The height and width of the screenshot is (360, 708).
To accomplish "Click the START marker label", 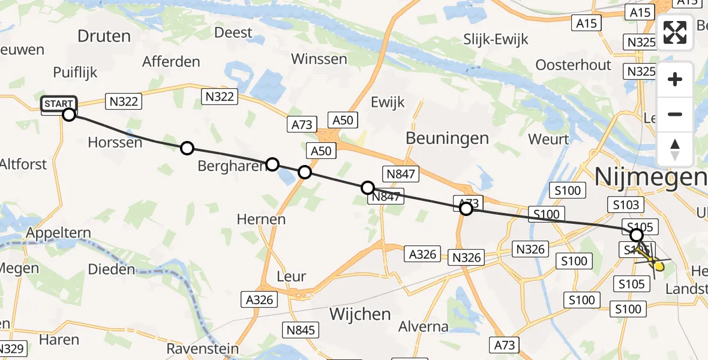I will (59, 104).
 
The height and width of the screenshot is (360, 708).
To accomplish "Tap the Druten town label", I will (104, 36).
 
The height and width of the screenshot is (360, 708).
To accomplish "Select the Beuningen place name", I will (447, 138).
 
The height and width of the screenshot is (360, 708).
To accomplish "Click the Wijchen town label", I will (361, 314).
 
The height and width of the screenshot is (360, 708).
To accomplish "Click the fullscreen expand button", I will (675, 32).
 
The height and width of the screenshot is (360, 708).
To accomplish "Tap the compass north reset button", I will (675, 149).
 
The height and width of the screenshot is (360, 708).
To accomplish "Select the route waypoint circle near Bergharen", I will (272, 164).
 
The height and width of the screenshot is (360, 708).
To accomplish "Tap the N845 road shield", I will (302, 329).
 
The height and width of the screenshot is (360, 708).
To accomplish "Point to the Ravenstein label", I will (202, 349).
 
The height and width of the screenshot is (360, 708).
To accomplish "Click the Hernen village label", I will (261, 219).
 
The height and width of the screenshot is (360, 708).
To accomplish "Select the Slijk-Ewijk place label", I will (496, 40).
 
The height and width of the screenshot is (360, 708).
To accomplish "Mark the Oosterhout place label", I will (573, 65).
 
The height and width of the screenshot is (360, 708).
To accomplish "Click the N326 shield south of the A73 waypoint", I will (467, 258).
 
